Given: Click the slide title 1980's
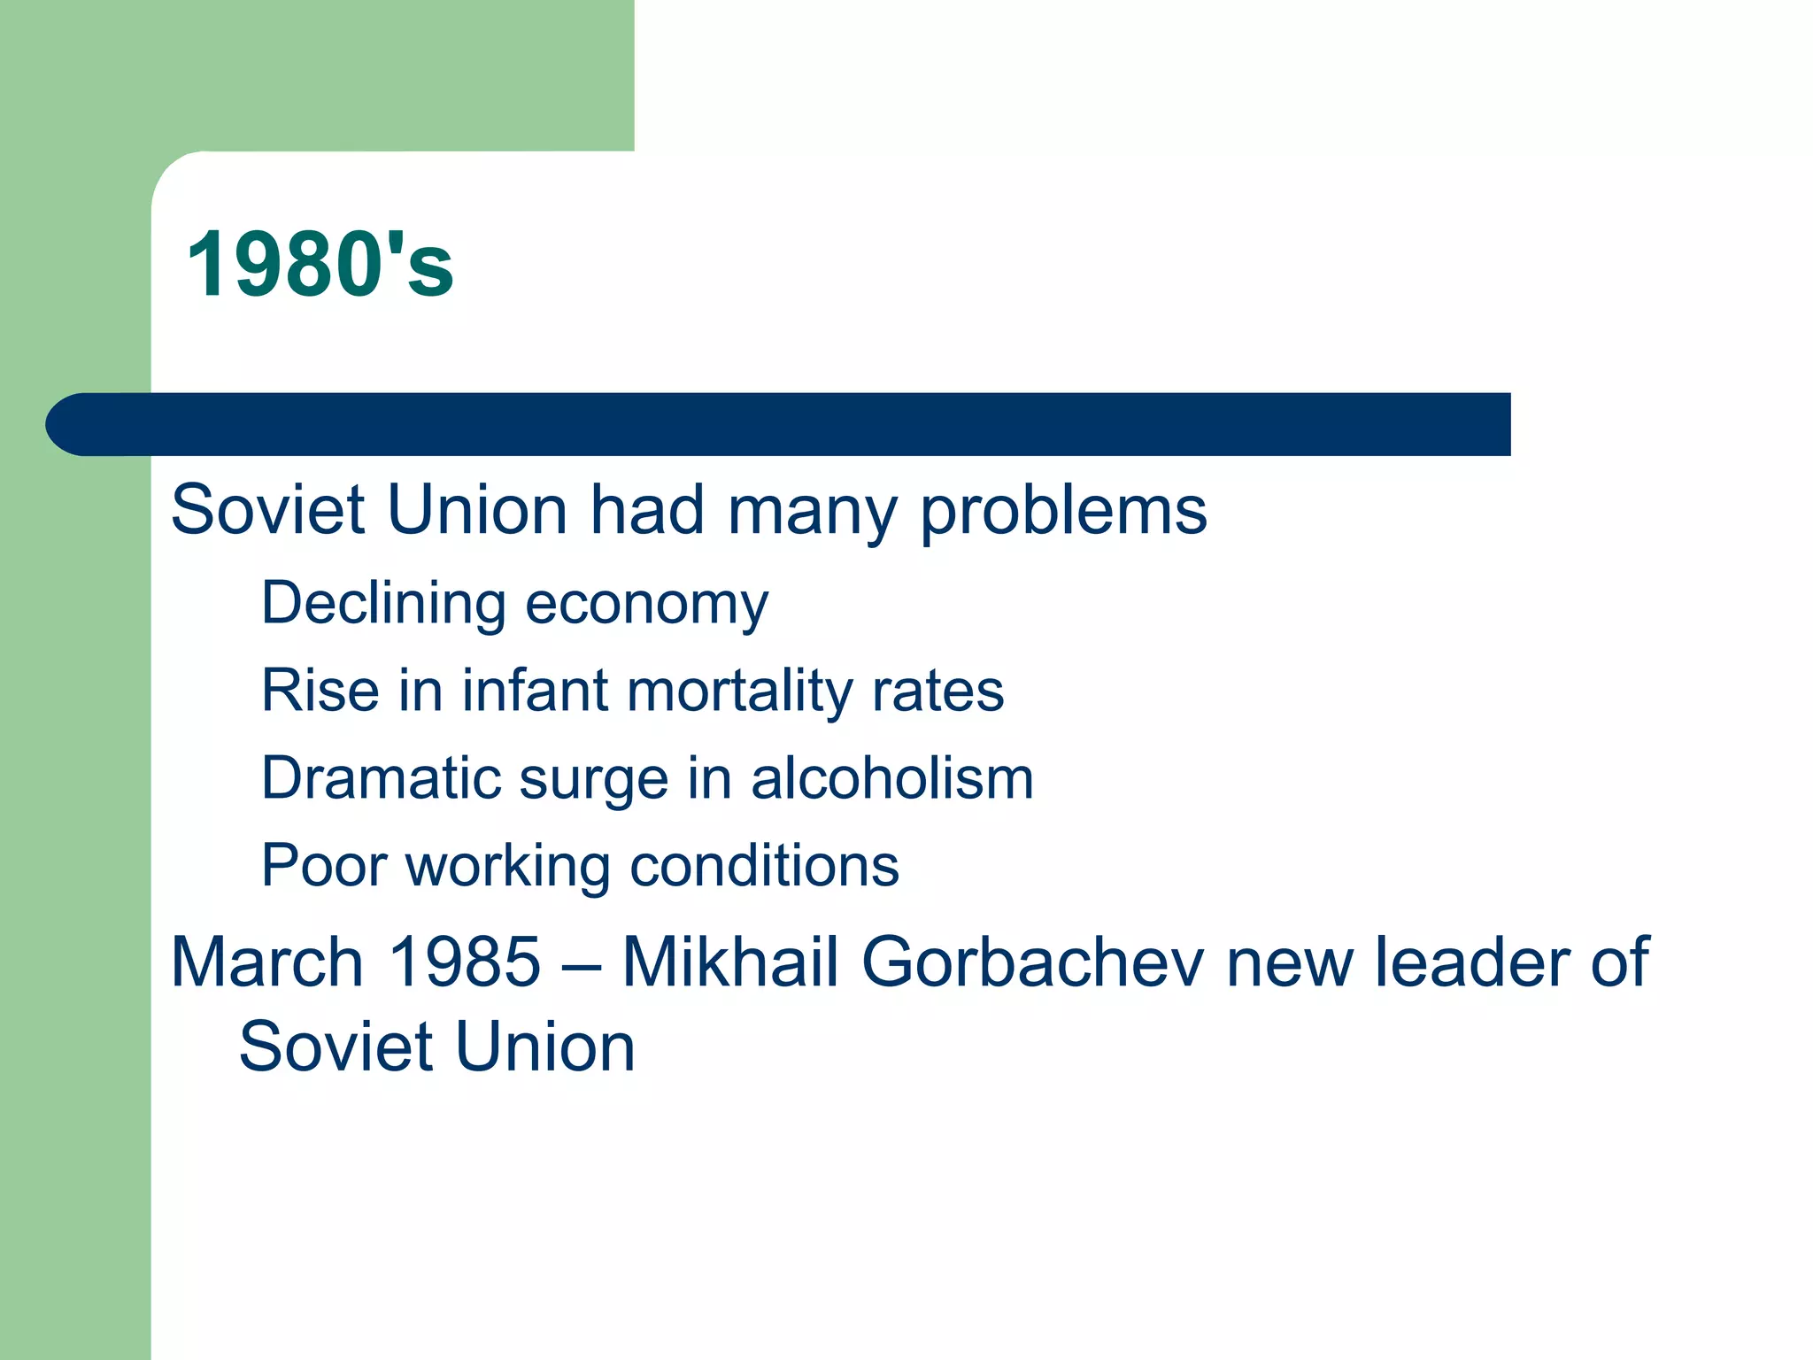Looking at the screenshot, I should coord(320,265).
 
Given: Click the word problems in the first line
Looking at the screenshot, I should coord(1063,513).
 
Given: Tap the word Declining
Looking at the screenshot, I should coord(382,604).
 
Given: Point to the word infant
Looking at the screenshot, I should coord(535,690).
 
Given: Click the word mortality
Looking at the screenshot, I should coord(737,692).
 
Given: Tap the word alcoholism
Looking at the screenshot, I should coord(892,778).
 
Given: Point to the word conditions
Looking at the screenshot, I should coord(764,865).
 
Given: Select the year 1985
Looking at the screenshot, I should coord(465,962).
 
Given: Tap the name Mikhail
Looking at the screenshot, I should coord(729,962).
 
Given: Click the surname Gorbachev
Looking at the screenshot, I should coord(1032,962).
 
